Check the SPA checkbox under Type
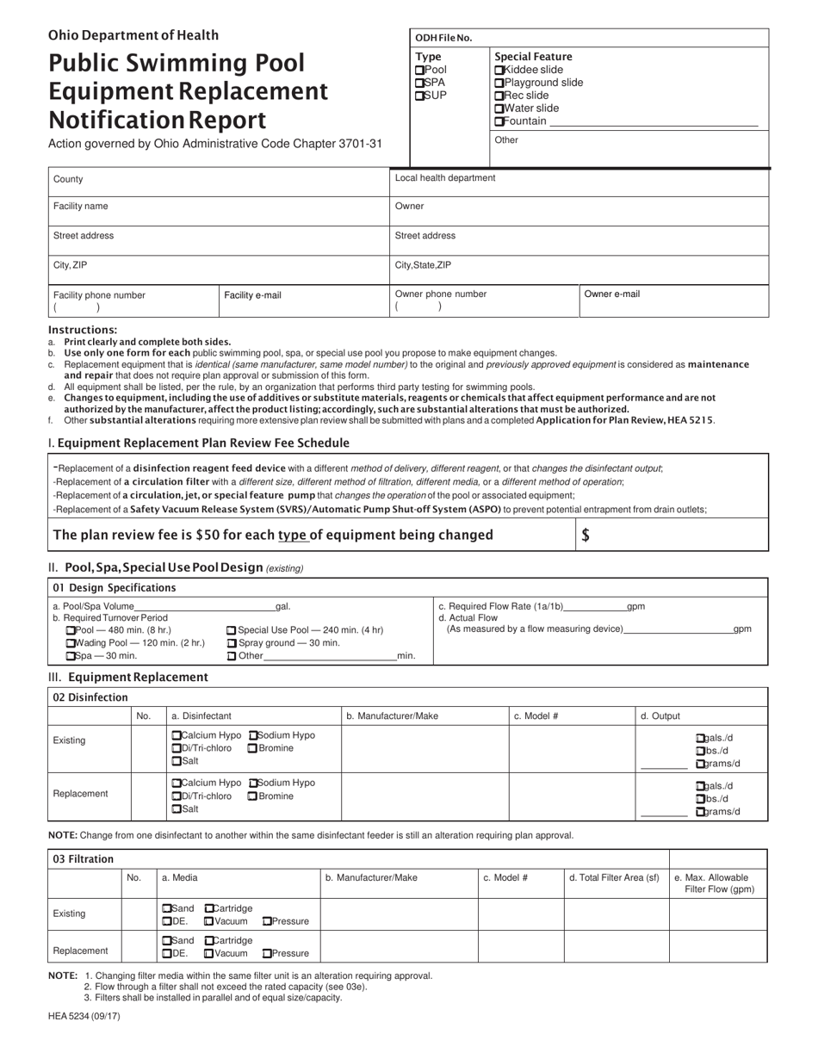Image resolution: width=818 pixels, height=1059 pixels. pos(420,83)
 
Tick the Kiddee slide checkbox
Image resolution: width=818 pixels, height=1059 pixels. pos(499,70)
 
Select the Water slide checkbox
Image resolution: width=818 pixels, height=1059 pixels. pos(499,108)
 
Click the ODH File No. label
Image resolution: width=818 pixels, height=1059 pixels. pos(443,38)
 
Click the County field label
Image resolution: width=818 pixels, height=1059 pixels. pos(68,179)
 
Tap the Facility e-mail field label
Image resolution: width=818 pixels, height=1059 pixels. pos(252,295)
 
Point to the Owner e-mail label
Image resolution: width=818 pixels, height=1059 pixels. pos(611,294)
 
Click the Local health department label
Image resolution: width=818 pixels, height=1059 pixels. pos(444,178)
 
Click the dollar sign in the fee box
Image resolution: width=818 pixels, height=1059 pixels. pos(586,535)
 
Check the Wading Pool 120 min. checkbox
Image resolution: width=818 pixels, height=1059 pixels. pos(71,643)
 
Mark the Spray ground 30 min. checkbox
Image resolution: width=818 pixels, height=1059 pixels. pos(232,643)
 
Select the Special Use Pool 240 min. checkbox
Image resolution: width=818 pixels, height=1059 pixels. pos(232,630)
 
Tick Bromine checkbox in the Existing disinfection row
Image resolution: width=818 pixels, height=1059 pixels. pos(252,748)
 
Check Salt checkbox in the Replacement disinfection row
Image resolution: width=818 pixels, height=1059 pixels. pos(177,809)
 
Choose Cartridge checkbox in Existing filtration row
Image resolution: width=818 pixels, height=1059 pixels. pos(209,908)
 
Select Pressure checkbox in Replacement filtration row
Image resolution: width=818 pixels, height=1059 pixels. pos(267,953)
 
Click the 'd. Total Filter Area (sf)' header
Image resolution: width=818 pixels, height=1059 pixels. pos(614,877)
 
